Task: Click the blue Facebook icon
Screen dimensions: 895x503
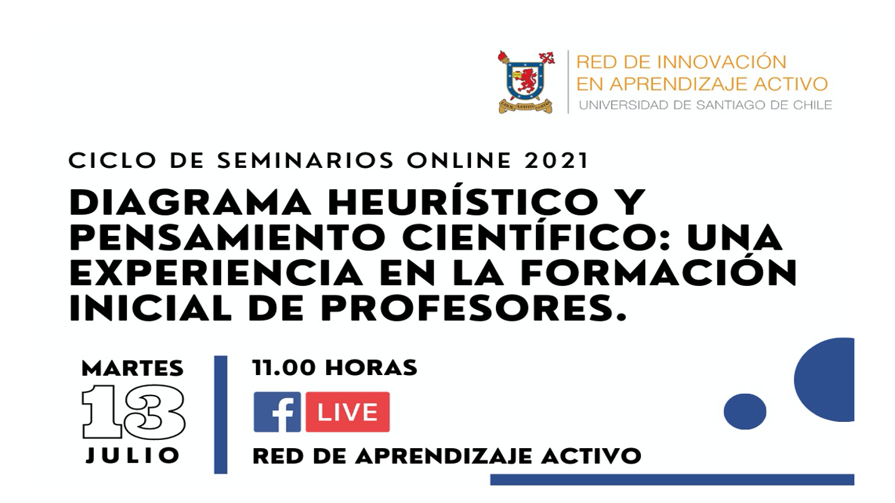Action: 277,412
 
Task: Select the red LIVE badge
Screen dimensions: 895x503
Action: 348,412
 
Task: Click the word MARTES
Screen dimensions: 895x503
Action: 132,368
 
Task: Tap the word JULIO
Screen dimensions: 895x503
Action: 132,456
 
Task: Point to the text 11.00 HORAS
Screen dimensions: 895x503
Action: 335,368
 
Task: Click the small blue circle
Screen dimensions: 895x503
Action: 744,412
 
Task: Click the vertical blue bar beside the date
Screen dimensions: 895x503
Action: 220,414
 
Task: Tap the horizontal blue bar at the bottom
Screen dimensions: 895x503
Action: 672,479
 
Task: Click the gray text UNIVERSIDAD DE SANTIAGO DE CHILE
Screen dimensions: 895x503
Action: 706,105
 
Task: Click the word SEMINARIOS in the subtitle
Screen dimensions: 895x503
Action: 305,160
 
